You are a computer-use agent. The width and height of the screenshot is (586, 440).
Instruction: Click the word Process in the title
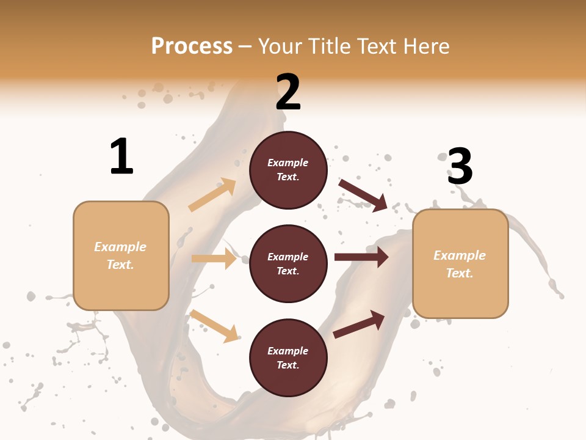[x=192, y=46]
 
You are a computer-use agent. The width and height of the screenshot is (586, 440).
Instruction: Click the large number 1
[x=121, y=156]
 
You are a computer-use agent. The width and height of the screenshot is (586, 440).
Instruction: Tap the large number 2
[x=288, y=92]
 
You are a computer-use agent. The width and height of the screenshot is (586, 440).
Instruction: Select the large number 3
[x=460, y=167]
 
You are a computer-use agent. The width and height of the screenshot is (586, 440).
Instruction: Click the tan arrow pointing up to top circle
[x=212, y=195]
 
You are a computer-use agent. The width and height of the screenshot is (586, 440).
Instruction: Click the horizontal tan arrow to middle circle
[x=214, y=258]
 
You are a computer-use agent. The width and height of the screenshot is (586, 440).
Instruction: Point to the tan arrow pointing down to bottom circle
[x=214, y=325]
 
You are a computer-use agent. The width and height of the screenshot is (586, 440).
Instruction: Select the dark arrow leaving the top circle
[x=363, y=195]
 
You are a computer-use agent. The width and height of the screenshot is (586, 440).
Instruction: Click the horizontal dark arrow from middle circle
[x=361, y=257]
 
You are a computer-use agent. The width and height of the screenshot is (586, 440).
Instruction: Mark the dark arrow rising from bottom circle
[x=360, y=324]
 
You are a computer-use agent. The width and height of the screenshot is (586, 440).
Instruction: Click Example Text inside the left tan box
[x=120, y=255]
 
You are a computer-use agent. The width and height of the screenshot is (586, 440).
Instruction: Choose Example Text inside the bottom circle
[x=288, y=358]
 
